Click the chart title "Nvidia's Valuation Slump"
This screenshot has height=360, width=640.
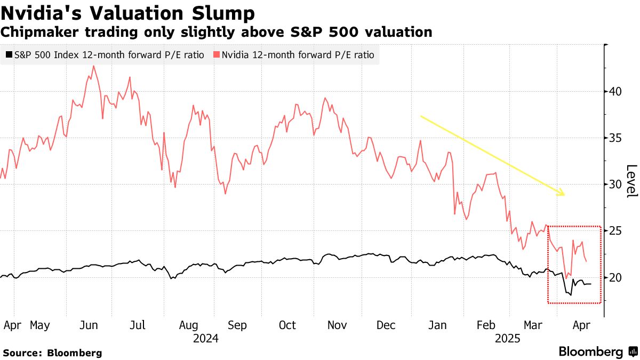tap(127, 13)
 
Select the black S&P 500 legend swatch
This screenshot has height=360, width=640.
tap(9, 54)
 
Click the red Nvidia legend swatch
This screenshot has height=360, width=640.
tap(216, 54)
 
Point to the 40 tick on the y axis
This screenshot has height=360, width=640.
tap(617, 91)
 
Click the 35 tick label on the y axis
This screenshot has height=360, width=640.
tap(617, 138)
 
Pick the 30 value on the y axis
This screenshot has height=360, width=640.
tap(617, 185)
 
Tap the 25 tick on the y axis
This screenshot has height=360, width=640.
tap(617, 231)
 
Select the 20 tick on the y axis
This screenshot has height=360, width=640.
tap(617, 278)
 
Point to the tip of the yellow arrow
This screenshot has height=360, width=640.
tap(564, 195)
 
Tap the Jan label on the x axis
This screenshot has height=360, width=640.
tap(437, 325)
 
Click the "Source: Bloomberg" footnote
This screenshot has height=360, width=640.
tap(52, 353)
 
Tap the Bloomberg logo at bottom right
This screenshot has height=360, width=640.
tap(596, 352)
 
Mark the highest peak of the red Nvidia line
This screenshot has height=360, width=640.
tap(93, 66)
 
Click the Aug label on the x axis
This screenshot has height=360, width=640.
tap(189, 325)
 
